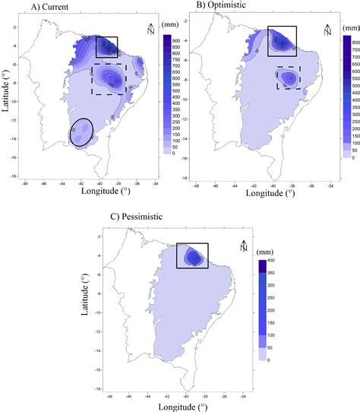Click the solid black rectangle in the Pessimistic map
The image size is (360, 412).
click(192, 255)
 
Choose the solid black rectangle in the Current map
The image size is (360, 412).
click(106, 46)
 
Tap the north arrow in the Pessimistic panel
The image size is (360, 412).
click(243, 245)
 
